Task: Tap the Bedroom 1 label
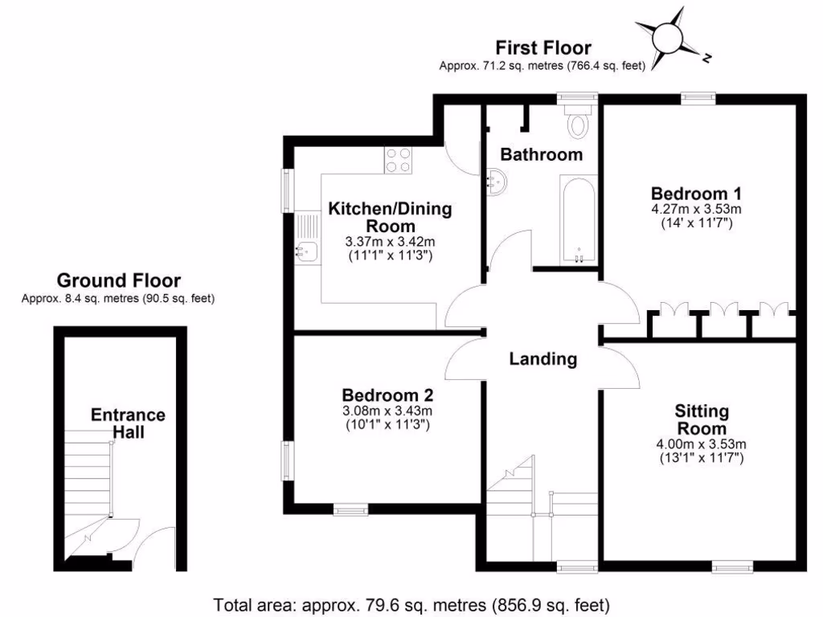(x=695, y=194)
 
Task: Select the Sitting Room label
(x=702, y=419)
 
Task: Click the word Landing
(x=543, y=359)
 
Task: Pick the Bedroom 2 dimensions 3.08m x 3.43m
(x=387, y=412)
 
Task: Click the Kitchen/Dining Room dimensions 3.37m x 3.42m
(x=389, y=242)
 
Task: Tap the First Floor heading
(x=543, y=48)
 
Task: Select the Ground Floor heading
(x=118, y=281)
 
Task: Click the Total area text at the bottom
(x=411, y=603)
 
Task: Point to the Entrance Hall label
(x=127, y=423)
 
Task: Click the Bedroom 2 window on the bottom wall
(x=350, y=509)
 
